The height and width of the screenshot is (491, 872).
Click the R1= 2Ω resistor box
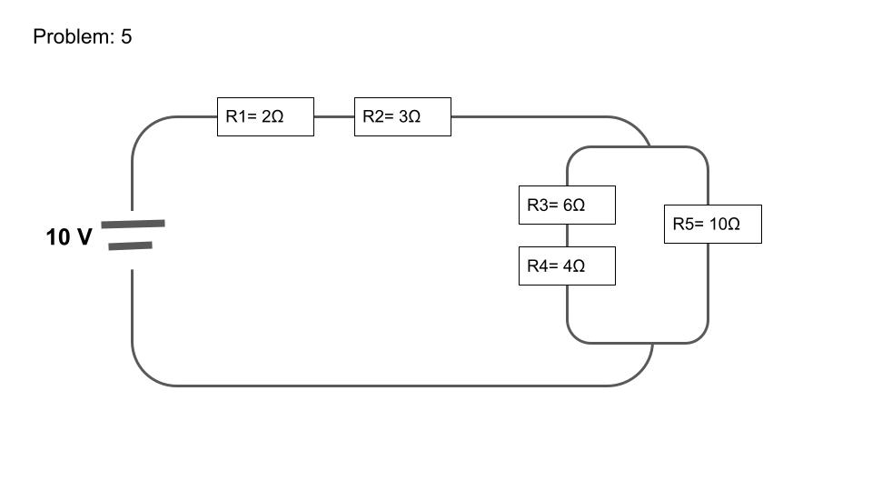point(265,117)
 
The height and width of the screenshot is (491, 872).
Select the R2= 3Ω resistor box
point(402,117)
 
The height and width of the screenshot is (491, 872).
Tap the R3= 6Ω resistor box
point(567,205)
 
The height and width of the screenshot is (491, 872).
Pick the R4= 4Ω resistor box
point(567,266)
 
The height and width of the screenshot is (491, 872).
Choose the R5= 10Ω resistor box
point(713,225)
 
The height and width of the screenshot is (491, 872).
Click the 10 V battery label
point(69,238)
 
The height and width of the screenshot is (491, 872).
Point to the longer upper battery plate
point(133,223)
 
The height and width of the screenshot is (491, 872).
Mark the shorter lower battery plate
point(130,245)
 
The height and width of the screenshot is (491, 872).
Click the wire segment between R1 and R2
point(333,117)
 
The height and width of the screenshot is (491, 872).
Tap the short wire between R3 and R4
point(568,235)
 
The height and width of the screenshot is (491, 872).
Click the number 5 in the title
point(126,37)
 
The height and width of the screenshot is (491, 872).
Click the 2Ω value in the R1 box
point(272,117)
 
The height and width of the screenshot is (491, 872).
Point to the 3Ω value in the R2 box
point(410,117)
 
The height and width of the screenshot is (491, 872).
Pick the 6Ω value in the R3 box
point(574,205)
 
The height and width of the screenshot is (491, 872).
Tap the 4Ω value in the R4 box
point(574,266)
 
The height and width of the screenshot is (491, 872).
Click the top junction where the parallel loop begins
point(649,145)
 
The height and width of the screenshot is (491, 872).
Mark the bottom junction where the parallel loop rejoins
point(652,344)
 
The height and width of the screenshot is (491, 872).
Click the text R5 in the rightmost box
point(682,225)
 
